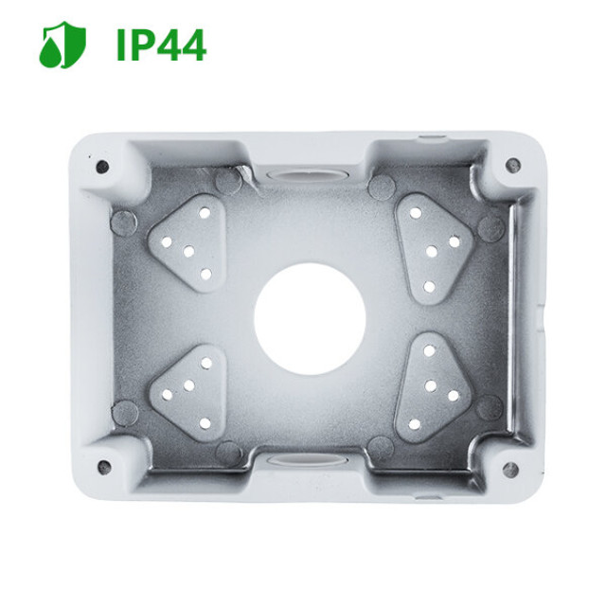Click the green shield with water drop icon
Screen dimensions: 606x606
(x=62, y=45)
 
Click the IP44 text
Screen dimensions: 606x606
(x=161, y=46)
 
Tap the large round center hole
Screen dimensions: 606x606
(x=310, y=319)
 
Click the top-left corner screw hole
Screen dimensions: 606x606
(x=102, y=167)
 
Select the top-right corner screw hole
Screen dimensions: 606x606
(x=512, y=164)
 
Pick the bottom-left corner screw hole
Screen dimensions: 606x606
(x=103, y=467)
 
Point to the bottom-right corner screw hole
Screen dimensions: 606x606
(x=510, y=469)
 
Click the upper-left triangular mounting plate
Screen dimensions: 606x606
(x=188, y=242)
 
